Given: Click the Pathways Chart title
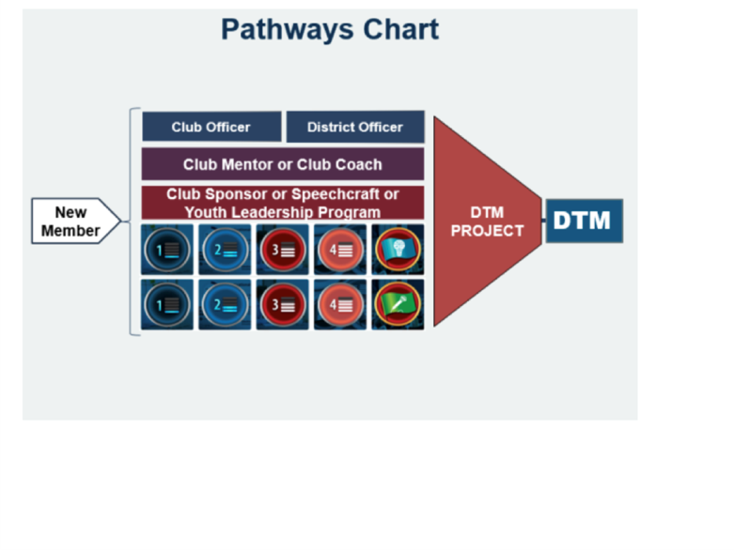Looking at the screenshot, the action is coord(330,30).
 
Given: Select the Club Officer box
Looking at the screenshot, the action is coord(211,127).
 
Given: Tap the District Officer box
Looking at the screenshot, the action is coord(355,127).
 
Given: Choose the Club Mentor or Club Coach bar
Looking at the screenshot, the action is coord(283,164).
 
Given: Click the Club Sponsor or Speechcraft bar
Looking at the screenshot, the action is coord(283,203).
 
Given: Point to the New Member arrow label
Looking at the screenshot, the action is coord(76,221).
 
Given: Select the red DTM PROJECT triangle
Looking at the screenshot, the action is coord(488,221).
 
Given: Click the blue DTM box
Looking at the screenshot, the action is coord(585,221).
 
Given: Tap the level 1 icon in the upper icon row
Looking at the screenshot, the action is coord(167,250).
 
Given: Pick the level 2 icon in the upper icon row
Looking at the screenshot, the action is coord(225,250).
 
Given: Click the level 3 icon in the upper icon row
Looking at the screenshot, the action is coord(282,250).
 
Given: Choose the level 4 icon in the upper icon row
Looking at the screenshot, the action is coord(340,250).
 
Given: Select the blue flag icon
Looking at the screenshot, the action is coord(398,250).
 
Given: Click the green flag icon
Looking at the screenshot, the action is coord(398,305).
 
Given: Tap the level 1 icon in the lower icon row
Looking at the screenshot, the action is coord(167,305).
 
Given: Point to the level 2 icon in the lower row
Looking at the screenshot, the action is coord(225,305).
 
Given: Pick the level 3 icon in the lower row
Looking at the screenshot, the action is coord(282,305).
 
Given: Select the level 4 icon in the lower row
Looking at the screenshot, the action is coord(340,305).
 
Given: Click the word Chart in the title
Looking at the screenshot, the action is coord(401,29).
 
